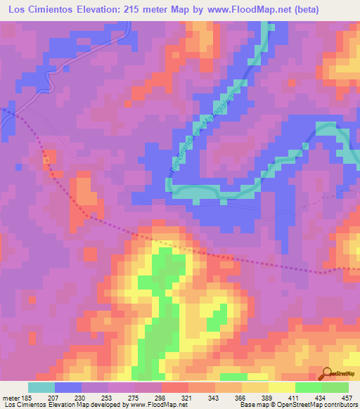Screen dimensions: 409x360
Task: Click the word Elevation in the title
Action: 107,10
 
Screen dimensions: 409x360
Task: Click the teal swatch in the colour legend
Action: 41,387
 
